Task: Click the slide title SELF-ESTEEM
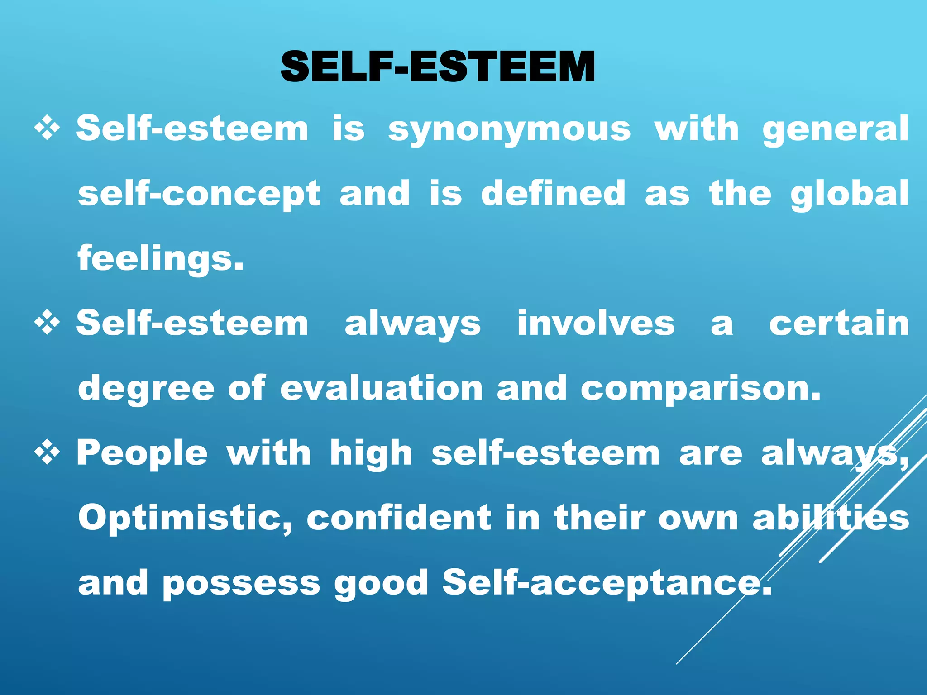[x=437, y=67]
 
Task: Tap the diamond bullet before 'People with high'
[x=47, y=452]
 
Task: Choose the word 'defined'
[x=553, y=193]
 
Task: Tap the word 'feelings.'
[x=161, y=259]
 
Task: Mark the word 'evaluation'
[x=382, y=388]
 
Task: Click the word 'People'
[x=142, y=453]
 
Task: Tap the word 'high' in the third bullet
[x=371, y=453]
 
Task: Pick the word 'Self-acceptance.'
[x=607, y=583]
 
